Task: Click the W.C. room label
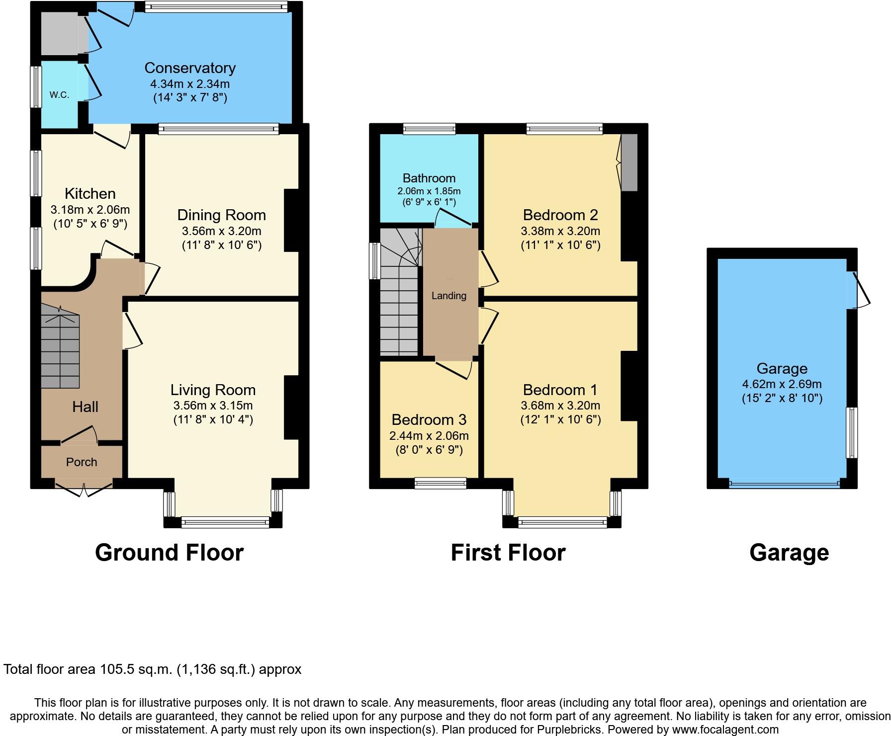pos(59,95)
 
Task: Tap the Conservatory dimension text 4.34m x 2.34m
pos(190,84)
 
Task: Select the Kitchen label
pos(90,194)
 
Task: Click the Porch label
pos(82,462)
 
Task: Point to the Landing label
pos(448,296)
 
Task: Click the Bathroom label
pos(429,178)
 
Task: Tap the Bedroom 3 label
pos(429,420)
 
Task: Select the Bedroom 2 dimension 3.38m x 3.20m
pos(560,231)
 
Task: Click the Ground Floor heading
pos(169,553)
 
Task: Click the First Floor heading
pos(508,553)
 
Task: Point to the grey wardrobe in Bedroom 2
pos(629,162)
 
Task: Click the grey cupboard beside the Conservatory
pos(59,33)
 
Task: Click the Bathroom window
pos(429,129)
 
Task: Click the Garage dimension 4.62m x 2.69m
pos(782,384)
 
